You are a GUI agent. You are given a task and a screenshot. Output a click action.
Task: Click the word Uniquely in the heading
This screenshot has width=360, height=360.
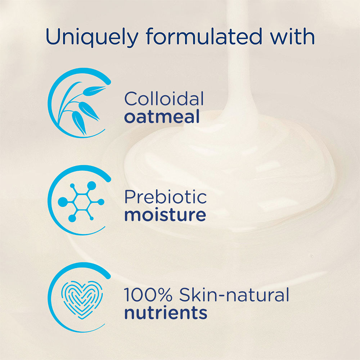(92, 37)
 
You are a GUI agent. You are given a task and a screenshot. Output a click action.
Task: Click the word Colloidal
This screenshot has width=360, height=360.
(164, 99)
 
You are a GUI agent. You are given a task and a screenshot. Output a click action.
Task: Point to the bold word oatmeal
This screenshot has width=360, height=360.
(162, 117)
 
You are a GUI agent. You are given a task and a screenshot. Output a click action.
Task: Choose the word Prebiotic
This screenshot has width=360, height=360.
(166, 197)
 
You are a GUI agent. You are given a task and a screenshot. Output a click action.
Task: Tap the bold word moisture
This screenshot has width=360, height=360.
(165, 215)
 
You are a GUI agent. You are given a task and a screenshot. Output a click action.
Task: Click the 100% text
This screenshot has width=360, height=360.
(148, 294)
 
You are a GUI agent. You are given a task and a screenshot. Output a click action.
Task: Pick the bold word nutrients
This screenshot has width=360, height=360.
(166, 313)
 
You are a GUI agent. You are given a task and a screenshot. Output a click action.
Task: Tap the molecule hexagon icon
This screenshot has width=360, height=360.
(81, 202)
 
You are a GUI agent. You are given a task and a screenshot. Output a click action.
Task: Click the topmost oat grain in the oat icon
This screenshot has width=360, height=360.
(94, 90)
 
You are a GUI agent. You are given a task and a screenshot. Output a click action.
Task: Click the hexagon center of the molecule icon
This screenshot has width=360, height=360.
(81, 202)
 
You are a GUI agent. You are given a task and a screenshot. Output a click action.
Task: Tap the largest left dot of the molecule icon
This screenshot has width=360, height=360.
(63, 202)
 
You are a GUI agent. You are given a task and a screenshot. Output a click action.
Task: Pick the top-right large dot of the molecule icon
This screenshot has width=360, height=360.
(91, 185)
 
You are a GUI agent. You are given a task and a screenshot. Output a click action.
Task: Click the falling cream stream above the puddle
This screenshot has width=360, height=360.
(240, 57)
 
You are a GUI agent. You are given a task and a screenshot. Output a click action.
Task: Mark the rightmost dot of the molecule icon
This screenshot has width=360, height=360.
(101, 202)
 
